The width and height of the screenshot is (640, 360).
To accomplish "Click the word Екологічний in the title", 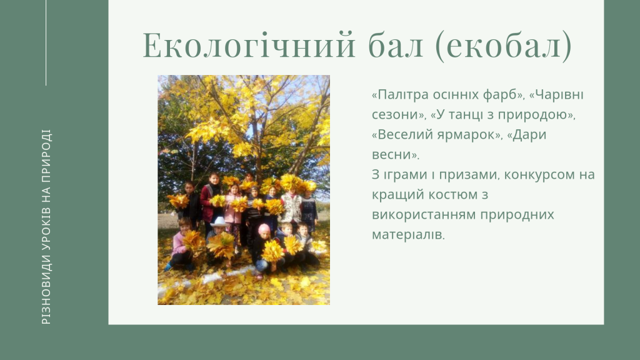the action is tap(249, 45).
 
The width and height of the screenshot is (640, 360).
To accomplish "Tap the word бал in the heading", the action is tap(396, 45).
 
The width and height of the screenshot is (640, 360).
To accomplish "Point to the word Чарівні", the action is tap(559, 95).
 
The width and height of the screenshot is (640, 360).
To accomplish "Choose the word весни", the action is tap(393, 155).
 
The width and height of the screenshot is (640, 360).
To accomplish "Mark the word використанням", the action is tap(423, 215).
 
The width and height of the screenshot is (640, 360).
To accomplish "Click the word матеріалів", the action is tap(407, 235).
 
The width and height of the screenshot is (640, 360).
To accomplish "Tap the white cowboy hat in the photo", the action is tap(219, 222).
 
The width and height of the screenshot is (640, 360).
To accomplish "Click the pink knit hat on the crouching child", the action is tap(264, 228).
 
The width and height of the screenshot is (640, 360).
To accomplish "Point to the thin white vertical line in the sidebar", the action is tap(46, 43).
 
